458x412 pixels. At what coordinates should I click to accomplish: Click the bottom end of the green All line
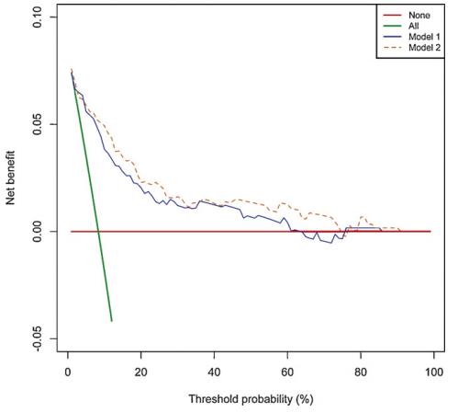click(x=111, y=321)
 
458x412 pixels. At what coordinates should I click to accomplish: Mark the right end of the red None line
click(x=430, y=231)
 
